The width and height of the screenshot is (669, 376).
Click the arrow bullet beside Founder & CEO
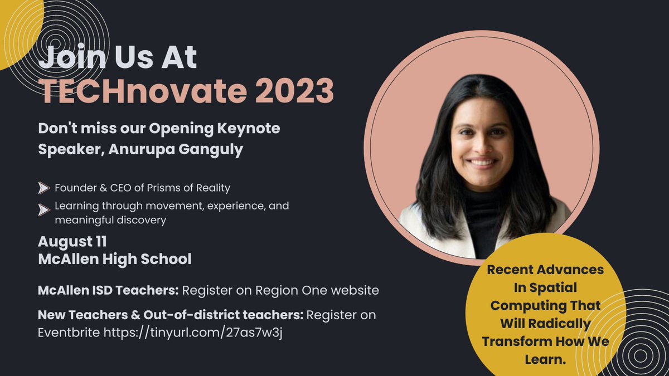point(43,188)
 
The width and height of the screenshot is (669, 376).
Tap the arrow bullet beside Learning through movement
point(43,210)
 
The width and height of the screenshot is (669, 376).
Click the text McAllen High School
point(114,259)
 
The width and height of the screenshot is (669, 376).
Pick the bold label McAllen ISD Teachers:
point(108,290)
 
